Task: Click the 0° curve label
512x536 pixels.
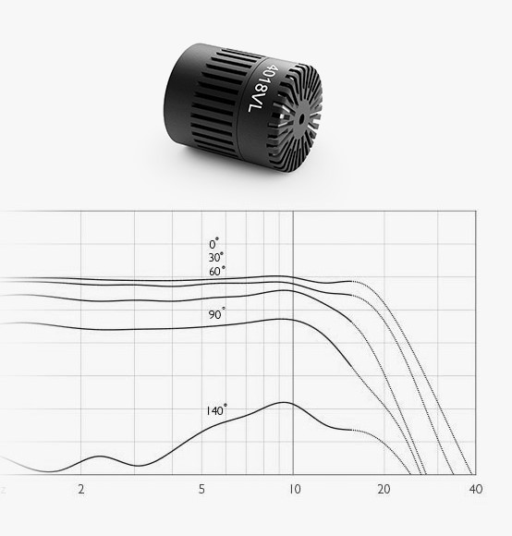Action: [214, 243]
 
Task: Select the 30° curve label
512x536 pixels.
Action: [216, 257]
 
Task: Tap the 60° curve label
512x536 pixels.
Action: [217, 271]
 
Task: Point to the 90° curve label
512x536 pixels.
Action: [217, 314]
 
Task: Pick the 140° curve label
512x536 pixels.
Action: [216, 410]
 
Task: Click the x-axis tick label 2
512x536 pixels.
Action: [81, 489]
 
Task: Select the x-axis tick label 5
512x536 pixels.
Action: [201, 489]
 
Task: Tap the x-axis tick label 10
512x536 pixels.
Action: [295, 489]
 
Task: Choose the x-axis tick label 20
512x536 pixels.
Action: [384, 489]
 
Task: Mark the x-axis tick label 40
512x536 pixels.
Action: [476, 489]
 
